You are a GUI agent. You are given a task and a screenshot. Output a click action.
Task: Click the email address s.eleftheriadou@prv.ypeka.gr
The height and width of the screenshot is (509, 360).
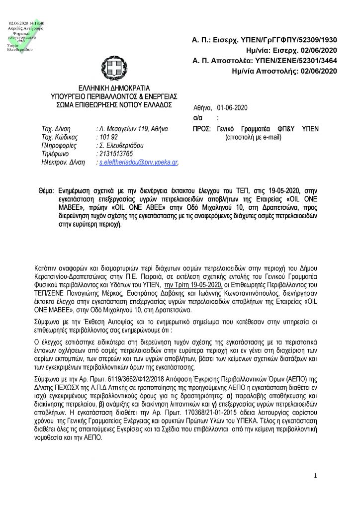click(139, 163)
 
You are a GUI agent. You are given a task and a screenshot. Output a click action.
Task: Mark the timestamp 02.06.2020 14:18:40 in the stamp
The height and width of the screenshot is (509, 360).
click(26, 23)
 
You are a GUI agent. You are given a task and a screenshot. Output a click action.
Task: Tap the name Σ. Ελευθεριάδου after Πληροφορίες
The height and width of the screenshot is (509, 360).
click(120, 146)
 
